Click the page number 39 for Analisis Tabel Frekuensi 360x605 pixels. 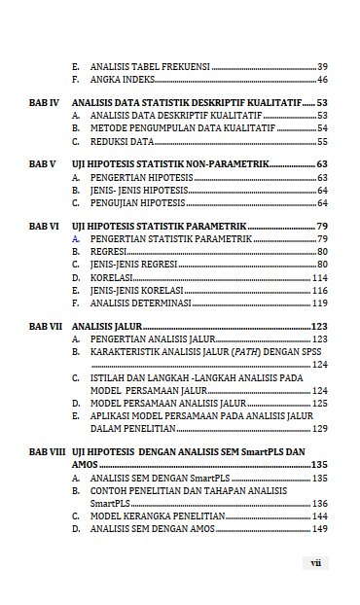click(x=322, y=67)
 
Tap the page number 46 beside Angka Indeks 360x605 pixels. click(x=322, y=80)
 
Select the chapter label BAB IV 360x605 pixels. click(x=44, y=102)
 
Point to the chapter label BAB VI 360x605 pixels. click(x=44, y=226)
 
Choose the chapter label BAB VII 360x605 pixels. click(x=46, y=326)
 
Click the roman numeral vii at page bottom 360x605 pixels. click(x=315, y=562)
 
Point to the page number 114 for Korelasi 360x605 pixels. click(x=319, y=277)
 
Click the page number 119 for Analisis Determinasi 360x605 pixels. click(x=319, y=302)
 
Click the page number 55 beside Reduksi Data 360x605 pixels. click(x=322, y=141)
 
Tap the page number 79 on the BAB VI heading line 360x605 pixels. click(x=322, y=226)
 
